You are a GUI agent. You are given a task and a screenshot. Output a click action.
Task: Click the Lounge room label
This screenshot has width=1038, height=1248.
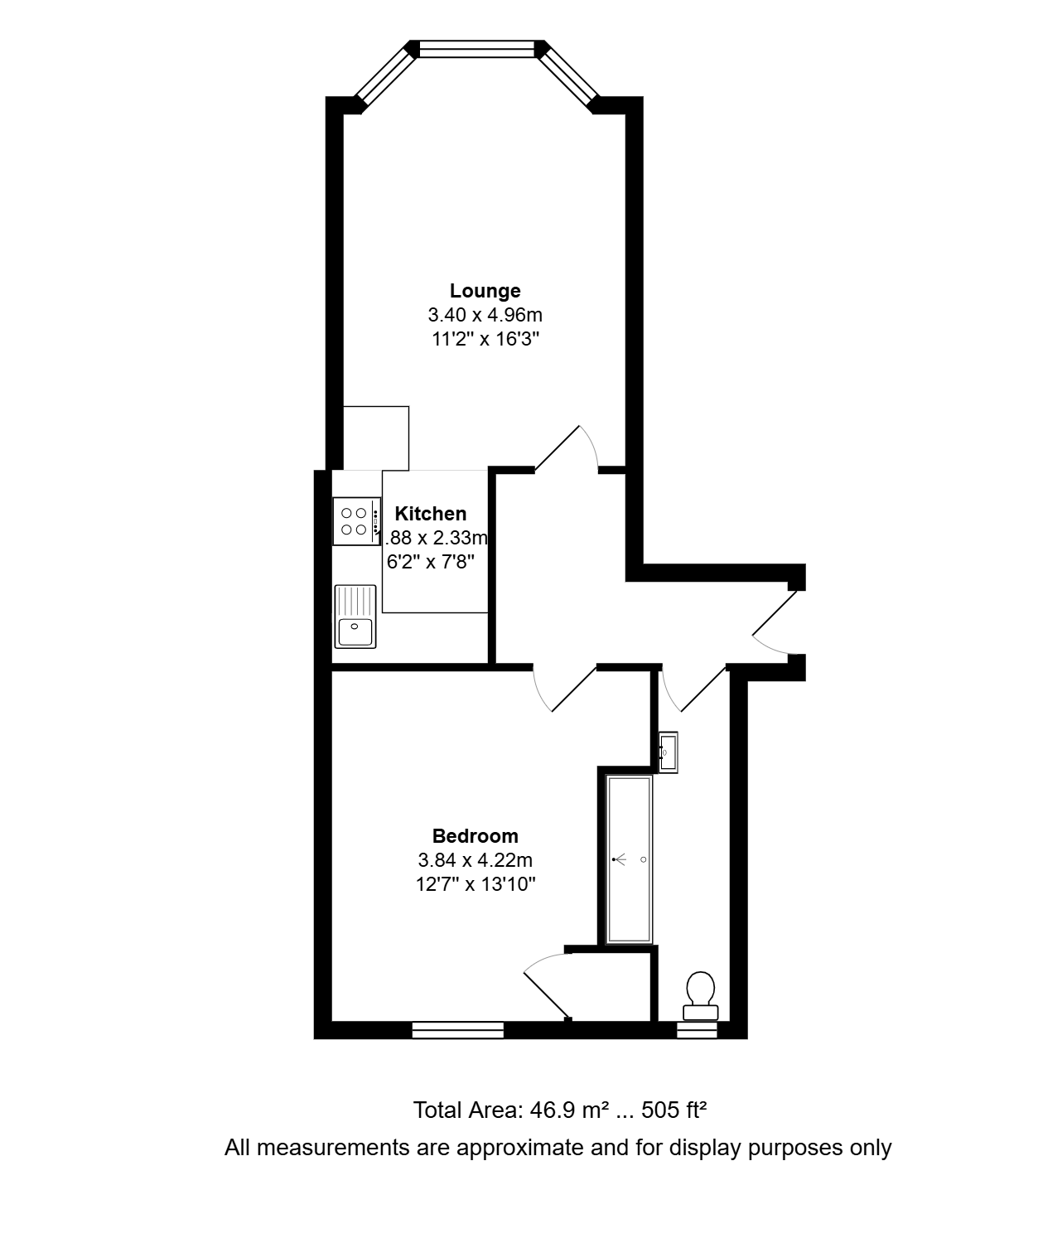(485, 291)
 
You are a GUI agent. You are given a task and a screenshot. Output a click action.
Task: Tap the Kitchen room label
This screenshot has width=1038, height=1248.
(430, 514)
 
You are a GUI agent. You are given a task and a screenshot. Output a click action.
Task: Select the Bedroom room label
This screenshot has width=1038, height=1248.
(475, 835)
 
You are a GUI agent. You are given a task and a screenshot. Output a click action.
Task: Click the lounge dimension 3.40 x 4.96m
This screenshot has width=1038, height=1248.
(485, 314)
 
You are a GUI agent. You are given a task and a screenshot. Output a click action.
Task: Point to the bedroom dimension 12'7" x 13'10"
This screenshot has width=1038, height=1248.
(475, 883)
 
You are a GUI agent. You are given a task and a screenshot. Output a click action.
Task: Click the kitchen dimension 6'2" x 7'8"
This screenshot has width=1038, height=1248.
(430, 562)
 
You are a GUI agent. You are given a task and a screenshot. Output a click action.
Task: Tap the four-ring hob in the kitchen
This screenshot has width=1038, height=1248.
(357, 521)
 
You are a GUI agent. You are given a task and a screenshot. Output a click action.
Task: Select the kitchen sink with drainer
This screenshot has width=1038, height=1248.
(355, 617)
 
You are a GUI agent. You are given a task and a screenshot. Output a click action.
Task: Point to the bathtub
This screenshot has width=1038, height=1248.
(629, 859)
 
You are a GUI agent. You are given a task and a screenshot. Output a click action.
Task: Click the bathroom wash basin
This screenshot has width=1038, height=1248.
(668, 752)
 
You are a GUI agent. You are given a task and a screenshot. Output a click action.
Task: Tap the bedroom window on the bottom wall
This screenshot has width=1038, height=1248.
(458, 1030)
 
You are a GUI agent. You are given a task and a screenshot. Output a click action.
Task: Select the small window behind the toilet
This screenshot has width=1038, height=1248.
(697, 1030)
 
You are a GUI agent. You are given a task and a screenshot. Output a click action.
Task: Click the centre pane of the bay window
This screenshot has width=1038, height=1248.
(477, 49)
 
